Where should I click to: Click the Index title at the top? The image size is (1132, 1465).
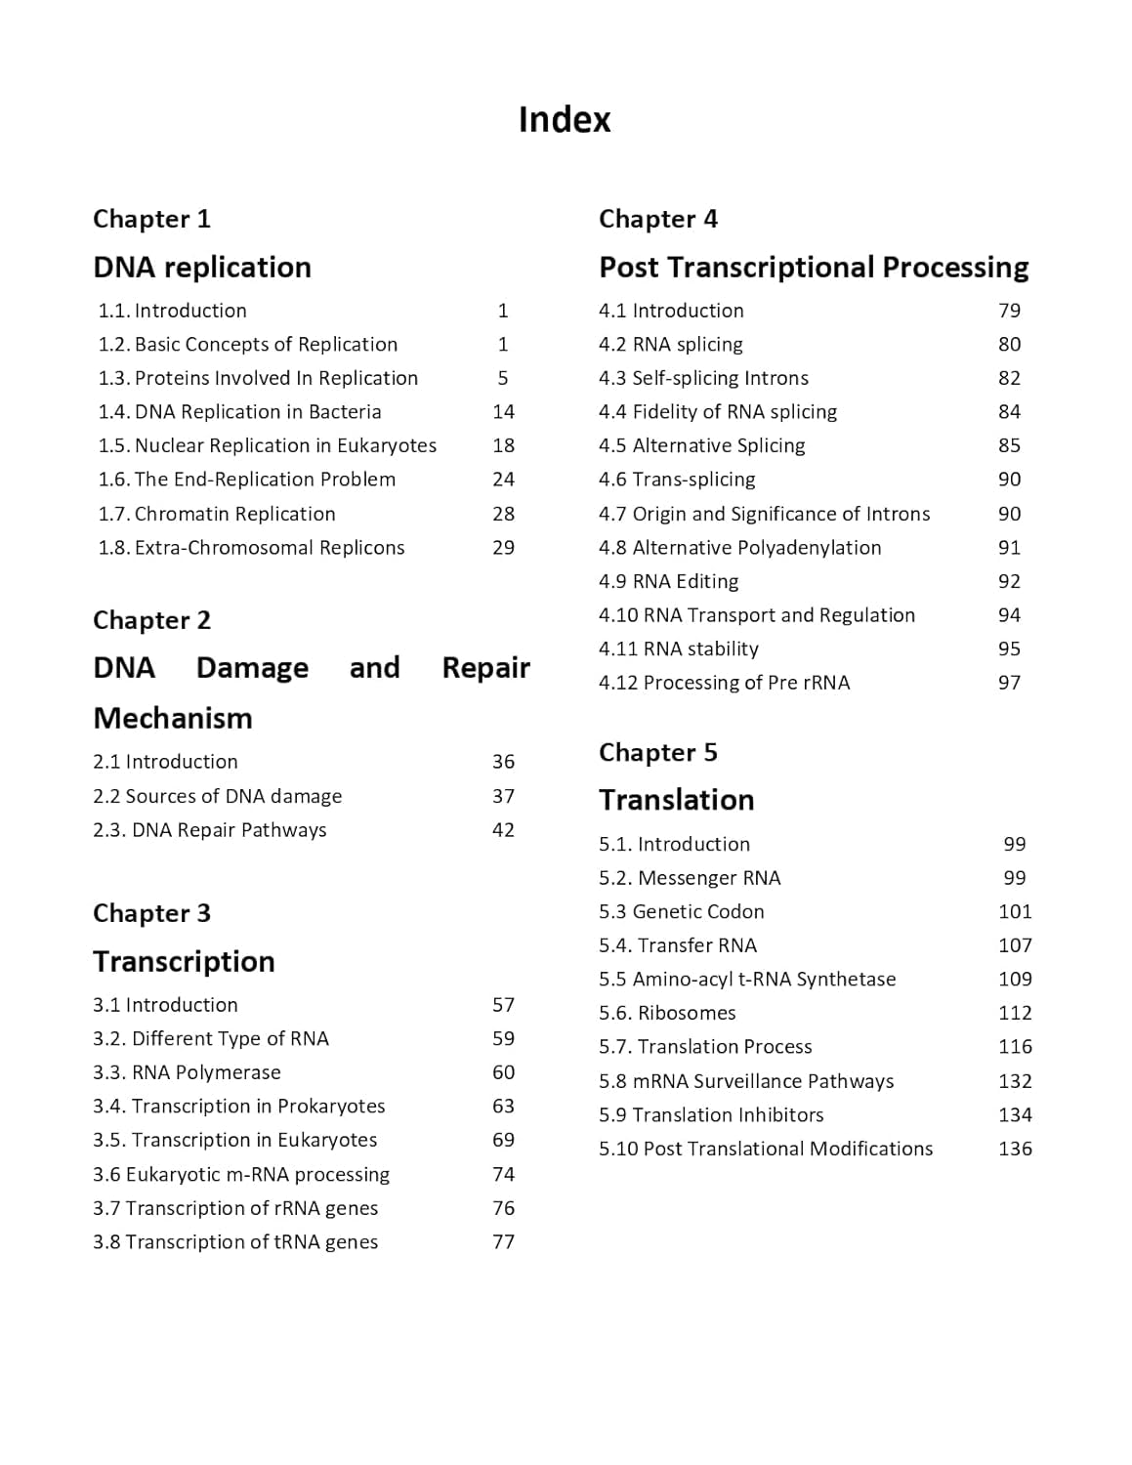pyautogui.click(x=564, y=119)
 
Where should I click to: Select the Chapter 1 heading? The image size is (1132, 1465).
pyautogui.click(x=151, y=219)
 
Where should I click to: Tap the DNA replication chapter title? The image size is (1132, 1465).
pyautogui.click(x=202, y=267)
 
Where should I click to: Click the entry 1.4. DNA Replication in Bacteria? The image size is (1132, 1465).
pyautogui.click(x=239, y=411)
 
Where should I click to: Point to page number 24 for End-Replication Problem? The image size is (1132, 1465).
pyautogui.click(x=503, y=480)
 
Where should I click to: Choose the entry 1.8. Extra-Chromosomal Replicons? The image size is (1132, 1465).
pyautogui.click(x=251, y=548)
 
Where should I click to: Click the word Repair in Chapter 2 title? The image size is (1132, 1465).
pyautogui.click(x=485, y=668)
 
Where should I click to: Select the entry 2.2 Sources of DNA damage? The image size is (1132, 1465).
pyautogui.click(x=217, y=796)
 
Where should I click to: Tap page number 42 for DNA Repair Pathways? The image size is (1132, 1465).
pyautogui.click(x=503, y=830)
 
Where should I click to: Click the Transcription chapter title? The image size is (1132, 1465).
pyautogui.click(x=184, y=961)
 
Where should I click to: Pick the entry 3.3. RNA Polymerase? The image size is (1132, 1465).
pyautogui.click(x=187, y=1072)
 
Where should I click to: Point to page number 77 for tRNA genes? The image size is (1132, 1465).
pyautogui.click(x=503, y=1242)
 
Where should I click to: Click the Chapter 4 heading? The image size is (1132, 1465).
pyautogui.click(x=657, y=219)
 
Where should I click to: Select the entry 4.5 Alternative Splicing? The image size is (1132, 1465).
pyautogui.click(x=701, y=445)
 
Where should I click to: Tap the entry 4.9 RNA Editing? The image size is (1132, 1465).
pyautogui.click(x=668, y=581)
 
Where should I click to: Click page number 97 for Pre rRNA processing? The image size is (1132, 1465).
pyautogui.click(x=1009, y=683)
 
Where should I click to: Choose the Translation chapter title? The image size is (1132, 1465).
pyautogui.click(x=676, y=800)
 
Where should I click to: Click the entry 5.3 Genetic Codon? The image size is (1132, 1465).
pyautogui.click(x=681, y=911)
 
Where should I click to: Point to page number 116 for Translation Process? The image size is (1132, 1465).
pyautogui.click(x=1015, y=1047)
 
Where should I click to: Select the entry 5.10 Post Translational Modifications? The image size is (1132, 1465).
pyautogui.click(x=766, y=1149)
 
